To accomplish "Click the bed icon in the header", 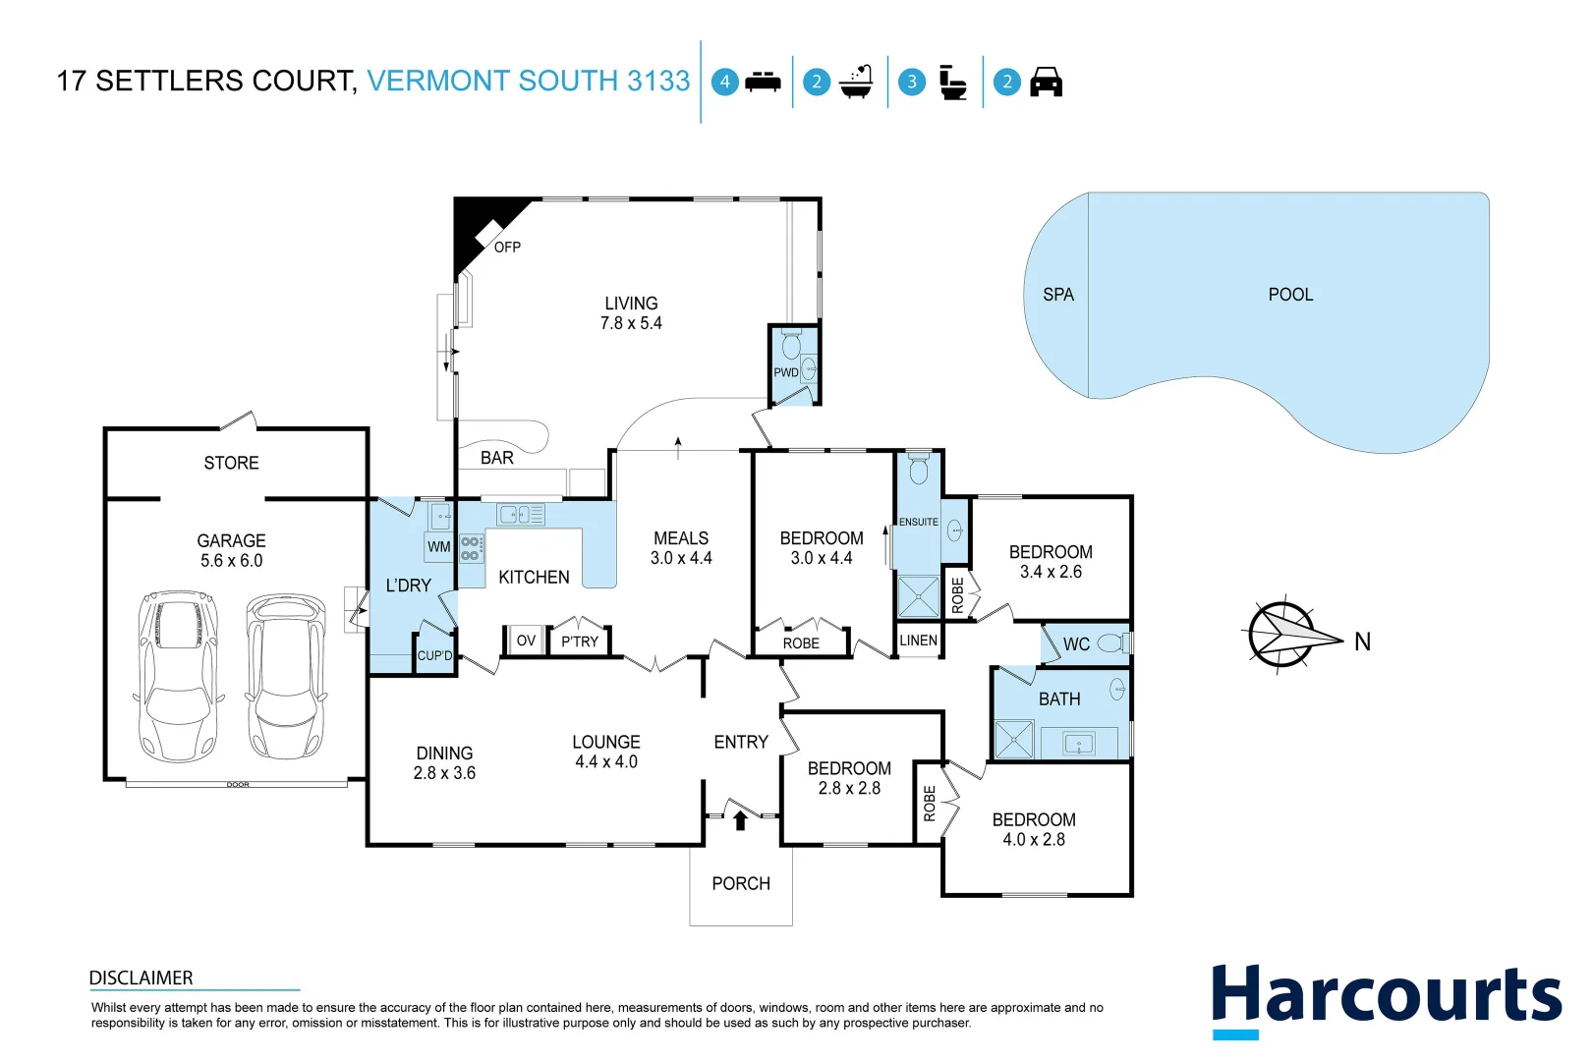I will tap(763, 82).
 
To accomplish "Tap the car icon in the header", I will tap(1046, 82).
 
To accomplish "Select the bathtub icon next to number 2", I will tap(857, 82).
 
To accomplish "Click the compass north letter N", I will tap(1362, 642).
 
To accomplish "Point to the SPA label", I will tap(1058, 295).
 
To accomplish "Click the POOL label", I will tap(1290, 295).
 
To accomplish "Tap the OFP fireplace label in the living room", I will tap(507, 247).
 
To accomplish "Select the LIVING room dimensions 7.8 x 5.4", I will tap(631, 323).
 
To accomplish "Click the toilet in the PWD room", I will tap(791, 346).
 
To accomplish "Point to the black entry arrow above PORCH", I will tap(740, 819).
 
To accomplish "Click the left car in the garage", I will tap(178, 676).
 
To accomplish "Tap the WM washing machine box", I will tap(438, 547).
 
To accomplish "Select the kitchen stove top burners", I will tap(472, 548).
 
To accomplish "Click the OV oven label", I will tap(526, 641).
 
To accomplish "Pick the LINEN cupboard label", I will tap(918, 641).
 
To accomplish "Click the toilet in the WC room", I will tap(1111, 643).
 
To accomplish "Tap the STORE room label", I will tap(231, 463).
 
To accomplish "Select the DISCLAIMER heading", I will tap(141, 977).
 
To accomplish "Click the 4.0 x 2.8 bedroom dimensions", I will tap(1033, 840).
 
